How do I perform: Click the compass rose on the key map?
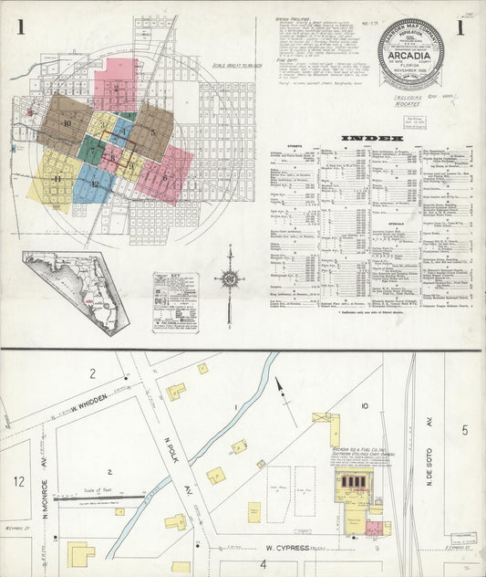[229, 278]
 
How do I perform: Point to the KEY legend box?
[175, 301]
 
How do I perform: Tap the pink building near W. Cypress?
[373, 528]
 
